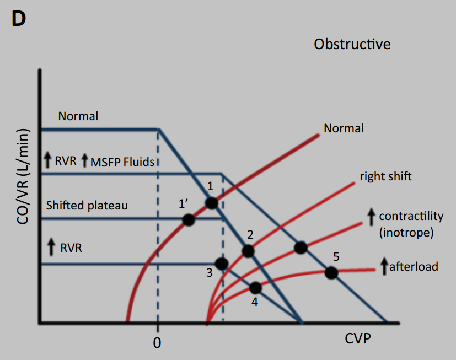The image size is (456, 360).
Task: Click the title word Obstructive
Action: pyautogui.click(x=352, y=44)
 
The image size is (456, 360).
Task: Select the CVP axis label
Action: pyautogui.click(x=358, y=338)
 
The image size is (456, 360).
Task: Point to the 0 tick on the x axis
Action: pyautogui.click(x=157, y=343)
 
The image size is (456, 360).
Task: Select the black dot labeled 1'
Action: pyautogui.click(x=189, y=219)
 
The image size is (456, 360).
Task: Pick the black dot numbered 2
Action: pyautogui.click(x=248, y=251)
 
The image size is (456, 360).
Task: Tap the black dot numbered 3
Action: pyautogui.click(x=222, y=264)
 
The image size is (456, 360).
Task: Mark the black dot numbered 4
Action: pyautogui.click(x=255, y=287)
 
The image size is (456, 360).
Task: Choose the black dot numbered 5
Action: pyautogui.click(x=331, y=272)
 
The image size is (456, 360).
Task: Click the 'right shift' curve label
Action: pyautogui.click(x=385, y=176)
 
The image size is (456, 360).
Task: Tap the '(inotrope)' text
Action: pyautogui.click(x=407, y=232)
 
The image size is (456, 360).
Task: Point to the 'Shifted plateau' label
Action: pyautogui.click(x=87, y=205)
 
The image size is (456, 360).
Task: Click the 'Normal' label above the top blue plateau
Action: pyautogui.click(x=78, y=116)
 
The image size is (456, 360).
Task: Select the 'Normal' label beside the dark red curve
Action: pyautogui.click(x=344, y=128)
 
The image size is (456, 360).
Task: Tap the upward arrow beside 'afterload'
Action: pyautogui.click(x=384, y=267)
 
